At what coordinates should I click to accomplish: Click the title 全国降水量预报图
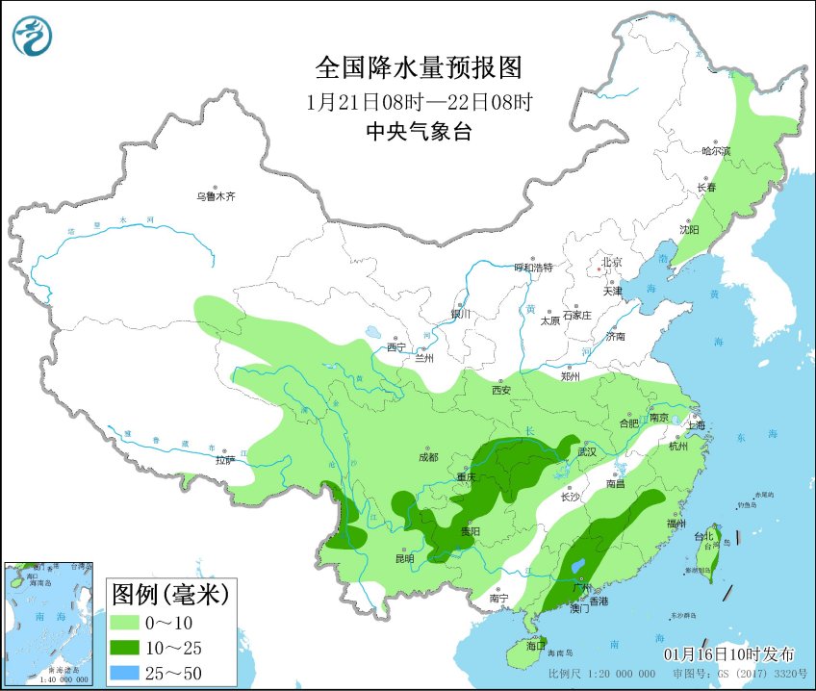[419, 67]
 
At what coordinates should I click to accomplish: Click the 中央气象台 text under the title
[419, 133]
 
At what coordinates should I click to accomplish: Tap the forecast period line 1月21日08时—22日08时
[419, 101]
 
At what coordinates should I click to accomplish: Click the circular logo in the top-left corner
[32, 37]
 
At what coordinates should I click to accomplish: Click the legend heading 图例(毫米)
[170, 594]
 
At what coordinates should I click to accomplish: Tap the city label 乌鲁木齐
[216, 196]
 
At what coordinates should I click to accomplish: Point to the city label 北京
[612, 262]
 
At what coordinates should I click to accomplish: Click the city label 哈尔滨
[716, 151]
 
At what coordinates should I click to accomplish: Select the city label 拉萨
[224, 461]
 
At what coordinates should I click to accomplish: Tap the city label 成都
[429, 458]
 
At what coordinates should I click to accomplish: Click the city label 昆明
[404, 558]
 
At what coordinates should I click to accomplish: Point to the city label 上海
[693, 424]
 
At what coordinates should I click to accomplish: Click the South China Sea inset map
[49, 625]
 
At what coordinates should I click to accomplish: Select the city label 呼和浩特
[533, 268]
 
